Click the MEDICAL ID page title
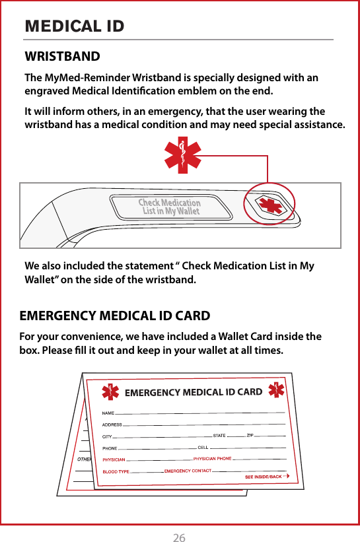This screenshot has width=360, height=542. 74,26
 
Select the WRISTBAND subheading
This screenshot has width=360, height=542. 62,57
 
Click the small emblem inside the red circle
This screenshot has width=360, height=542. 268,204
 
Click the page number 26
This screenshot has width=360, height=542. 179,537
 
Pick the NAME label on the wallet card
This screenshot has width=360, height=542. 108,413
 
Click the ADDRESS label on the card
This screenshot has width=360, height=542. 112,425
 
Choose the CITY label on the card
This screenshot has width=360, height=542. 107,436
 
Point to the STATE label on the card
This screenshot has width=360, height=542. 220,436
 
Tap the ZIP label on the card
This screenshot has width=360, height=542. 250,435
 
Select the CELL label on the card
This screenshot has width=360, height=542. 203,447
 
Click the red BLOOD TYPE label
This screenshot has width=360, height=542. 116,471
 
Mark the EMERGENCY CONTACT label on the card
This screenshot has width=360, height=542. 188,470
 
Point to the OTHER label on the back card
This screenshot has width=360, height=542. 84,458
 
